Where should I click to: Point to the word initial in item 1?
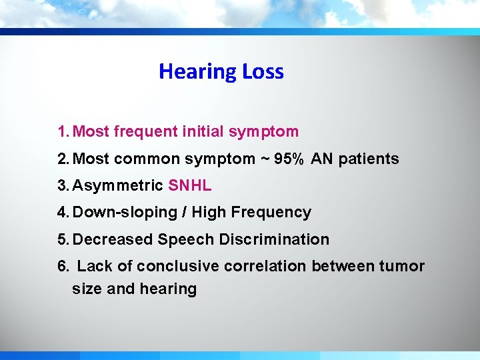pos(203,132)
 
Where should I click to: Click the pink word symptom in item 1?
pos(263,132)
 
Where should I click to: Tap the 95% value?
pos(289,159)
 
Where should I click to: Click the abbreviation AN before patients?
pos(322,159)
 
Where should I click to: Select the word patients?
pos(369,159)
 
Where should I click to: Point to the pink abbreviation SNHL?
pos(190,185)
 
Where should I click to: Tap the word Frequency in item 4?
pos(271,213)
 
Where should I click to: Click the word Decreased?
pos(115,239)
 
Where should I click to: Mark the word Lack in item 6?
pos(94,266)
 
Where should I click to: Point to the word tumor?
pos(402,266)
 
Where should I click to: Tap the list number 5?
pos(62,239)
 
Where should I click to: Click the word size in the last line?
pos(87,289)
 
